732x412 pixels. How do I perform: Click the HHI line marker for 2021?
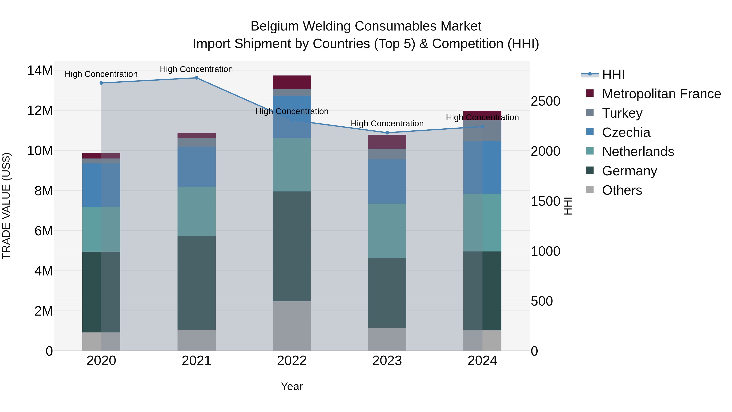click(196, 78)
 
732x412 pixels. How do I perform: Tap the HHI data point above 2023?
click(387, 133)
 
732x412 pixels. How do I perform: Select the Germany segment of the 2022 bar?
click(292, 246)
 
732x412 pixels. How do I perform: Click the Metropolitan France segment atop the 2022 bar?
click(292, 82)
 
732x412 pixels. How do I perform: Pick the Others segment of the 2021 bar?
click(196, 340)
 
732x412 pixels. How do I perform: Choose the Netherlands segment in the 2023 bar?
click(387, 231)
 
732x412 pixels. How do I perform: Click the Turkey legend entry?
click(622, 113)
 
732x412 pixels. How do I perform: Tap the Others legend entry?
click(622, 190)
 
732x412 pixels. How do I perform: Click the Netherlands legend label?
click(638, 152)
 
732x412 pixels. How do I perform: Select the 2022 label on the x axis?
click(292, 361)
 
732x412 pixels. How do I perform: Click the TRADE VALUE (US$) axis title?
click(6, 206)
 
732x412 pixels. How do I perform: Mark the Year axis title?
click(292, 386)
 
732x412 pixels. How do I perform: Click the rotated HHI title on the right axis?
click(568, 206)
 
